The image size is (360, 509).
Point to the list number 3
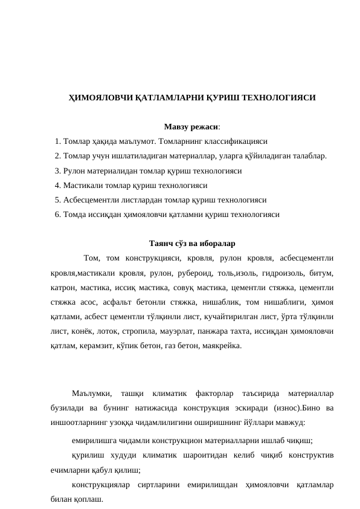coord(57,170)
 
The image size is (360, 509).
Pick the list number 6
coord(57,214)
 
